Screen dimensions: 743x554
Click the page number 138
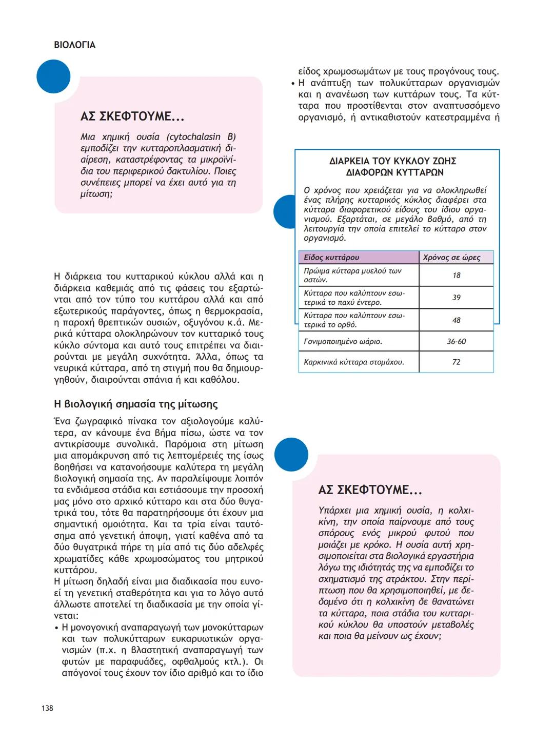tap(47, 708)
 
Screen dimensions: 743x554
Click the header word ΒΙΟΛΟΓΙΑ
tap(75, 45)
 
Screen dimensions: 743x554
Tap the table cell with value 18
tap(456, 276)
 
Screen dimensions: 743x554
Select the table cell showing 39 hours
tap(456, 298)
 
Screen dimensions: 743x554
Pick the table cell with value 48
tap(456, 320)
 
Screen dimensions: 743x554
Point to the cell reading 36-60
tap(456, 342)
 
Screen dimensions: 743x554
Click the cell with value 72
tap(456, 362)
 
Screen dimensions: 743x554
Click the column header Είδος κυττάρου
tap(331, 258)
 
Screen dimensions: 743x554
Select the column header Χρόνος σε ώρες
tap(451, 258)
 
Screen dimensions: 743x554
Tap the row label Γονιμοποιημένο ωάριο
tap(343, 342)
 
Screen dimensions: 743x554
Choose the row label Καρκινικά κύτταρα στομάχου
tap(354, 362)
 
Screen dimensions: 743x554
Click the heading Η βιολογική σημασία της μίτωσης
tap(136, 404)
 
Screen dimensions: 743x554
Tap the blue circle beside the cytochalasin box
tap(53, 76)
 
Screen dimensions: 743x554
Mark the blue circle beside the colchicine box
tap(291, 455)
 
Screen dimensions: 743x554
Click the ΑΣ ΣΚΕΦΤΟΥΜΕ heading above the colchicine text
tap(370, 490)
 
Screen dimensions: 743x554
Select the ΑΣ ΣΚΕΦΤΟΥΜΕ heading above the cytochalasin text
tap(132, 116)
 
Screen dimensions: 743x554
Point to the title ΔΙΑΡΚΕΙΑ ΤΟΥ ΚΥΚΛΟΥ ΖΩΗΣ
tap(393, 161)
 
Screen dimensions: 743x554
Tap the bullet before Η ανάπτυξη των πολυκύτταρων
tap(292, 84)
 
